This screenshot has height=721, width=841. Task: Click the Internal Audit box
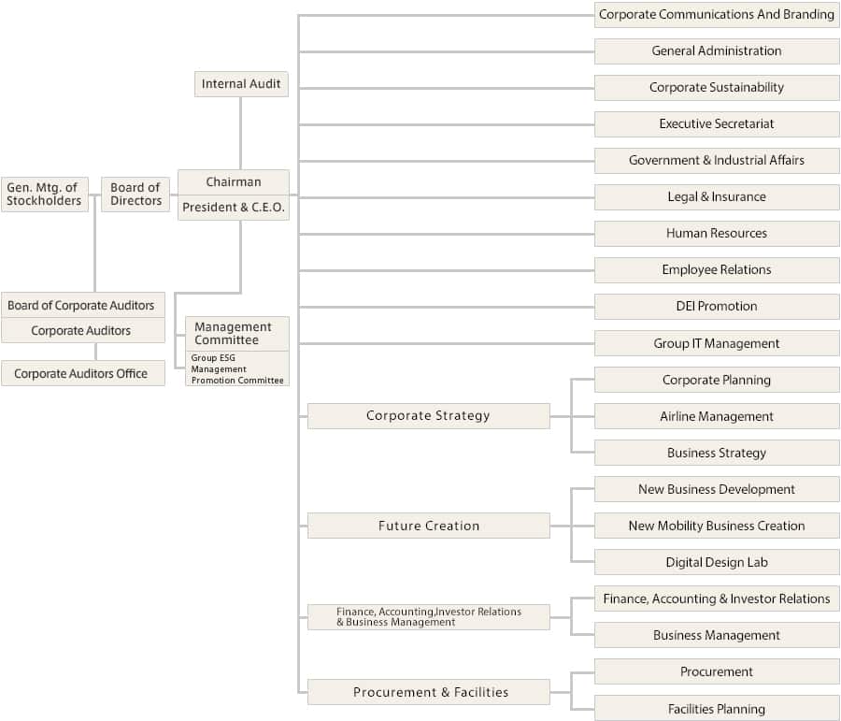241,84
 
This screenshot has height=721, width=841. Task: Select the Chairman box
234,181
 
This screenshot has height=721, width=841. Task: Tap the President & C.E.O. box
234,208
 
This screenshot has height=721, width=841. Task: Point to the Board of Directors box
135,195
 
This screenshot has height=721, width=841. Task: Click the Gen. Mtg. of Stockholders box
44,195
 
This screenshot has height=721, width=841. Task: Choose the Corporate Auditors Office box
80,373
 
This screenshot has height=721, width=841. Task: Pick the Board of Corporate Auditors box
81,305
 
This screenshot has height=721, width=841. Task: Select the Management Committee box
234,334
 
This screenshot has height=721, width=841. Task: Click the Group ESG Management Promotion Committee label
237,368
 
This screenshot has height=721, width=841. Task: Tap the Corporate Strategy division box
428,416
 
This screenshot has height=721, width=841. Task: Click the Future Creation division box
428,526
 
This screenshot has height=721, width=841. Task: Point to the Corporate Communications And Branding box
717,14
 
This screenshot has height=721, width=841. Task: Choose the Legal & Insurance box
717,196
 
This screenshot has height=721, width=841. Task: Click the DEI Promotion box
717,306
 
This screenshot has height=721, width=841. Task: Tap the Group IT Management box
717,343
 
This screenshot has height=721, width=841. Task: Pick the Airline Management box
717,416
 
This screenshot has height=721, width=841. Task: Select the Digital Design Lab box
717,562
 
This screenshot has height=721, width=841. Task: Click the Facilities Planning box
717,709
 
